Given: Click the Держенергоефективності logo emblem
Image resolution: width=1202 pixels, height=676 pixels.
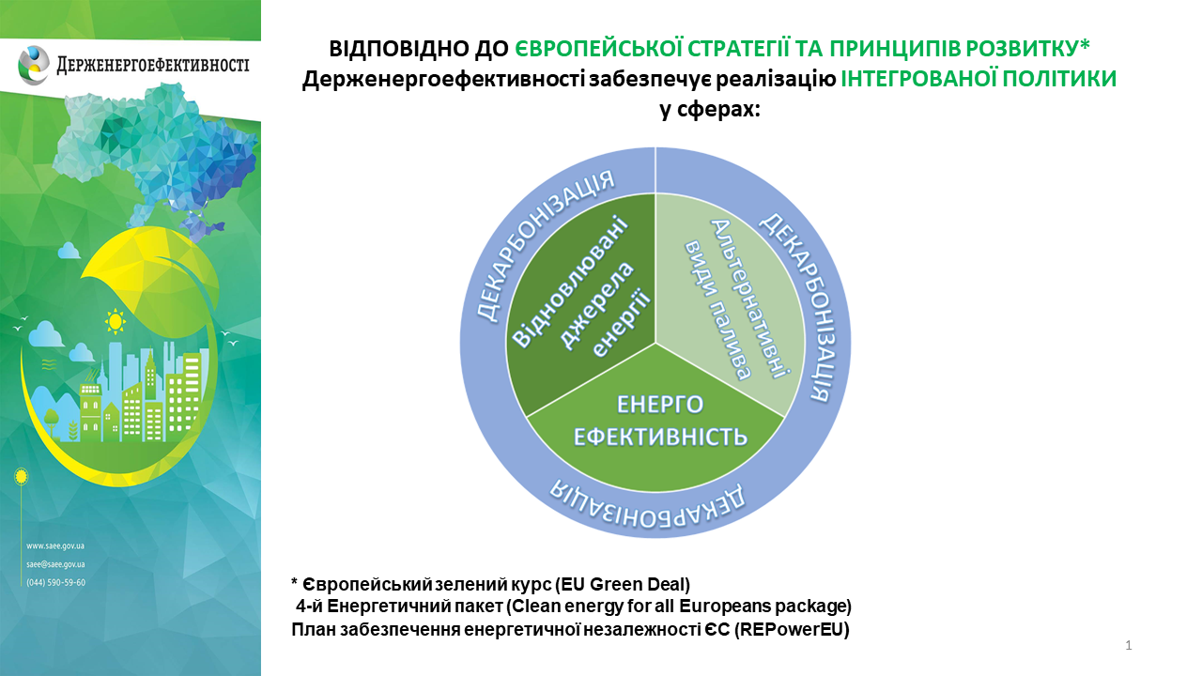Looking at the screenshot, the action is tap(33, 66).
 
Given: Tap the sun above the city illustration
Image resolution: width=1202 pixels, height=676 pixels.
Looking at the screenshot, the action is tap(115, 321).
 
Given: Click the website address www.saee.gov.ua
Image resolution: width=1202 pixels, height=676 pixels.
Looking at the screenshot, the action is tap(55, 546).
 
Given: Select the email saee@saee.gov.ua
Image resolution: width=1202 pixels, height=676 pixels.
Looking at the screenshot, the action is tap(55, 564).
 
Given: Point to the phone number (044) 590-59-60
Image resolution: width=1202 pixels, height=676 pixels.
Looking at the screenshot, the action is tap(55, 583).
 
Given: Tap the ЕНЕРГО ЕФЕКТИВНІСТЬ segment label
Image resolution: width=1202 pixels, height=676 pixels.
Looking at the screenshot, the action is tap(660, 421).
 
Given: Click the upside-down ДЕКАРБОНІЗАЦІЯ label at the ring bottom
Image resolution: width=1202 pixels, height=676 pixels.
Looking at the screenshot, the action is tap(647, 506).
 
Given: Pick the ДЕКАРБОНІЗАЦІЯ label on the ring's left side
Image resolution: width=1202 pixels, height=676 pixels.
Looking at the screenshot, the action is tap(542, 244).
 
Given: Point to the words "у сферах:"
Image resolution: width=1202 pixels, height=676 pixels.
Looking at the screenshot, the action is tap(710, 110).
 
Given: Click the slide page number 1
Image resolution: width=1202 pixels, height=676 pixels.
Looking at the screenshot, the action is tap(1129, 645).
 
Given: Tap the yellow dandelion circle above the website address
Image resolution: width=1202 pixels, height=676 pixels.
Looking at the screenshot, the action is tap(21, 476).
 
